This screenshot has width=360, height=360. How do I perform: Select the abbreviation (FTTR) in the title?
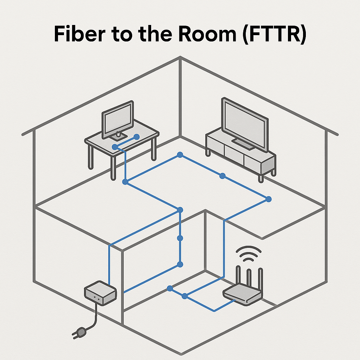(274, 34)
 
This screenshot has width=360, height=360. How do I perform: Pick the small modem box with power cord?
(100, 293)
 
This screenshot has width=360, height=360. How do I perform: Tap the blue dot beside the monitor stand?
(137, 136)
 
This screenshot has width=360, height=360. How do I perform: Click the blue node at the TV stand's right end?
(269, 199)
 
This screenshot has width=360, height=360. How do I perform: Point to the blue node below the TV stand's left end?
(222, 176)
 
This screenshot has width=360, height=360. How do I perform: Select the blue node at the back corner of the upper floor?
(180, 155)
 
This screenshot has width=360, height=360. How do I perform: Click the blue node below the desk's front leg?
(125, 182)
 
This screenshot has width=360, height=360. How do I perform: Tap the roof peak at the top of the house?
(180, 58)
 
